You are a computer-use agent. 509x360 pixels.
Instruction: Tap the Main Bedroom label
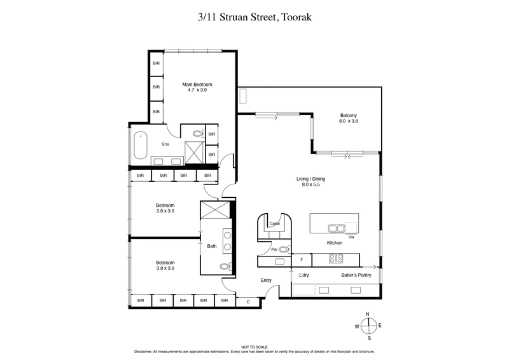(197, 85)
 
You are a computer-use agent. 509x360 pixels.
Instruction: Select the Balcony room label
(349, 115)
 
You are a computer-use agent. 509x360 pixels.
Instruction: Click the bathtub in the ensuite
(139, 144)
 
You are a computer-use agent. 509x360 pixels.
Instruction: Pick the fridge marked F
(302, 260)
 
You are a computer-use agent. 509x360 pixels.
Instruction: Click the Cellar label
(275, 224)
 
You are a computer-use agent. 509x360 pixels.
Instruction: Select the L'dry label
(304, 275)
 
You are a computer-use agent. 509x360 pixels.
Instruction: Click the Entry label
(267, 280)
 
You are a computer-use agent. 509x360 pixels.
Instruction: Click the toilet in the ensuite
(197, 135)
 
